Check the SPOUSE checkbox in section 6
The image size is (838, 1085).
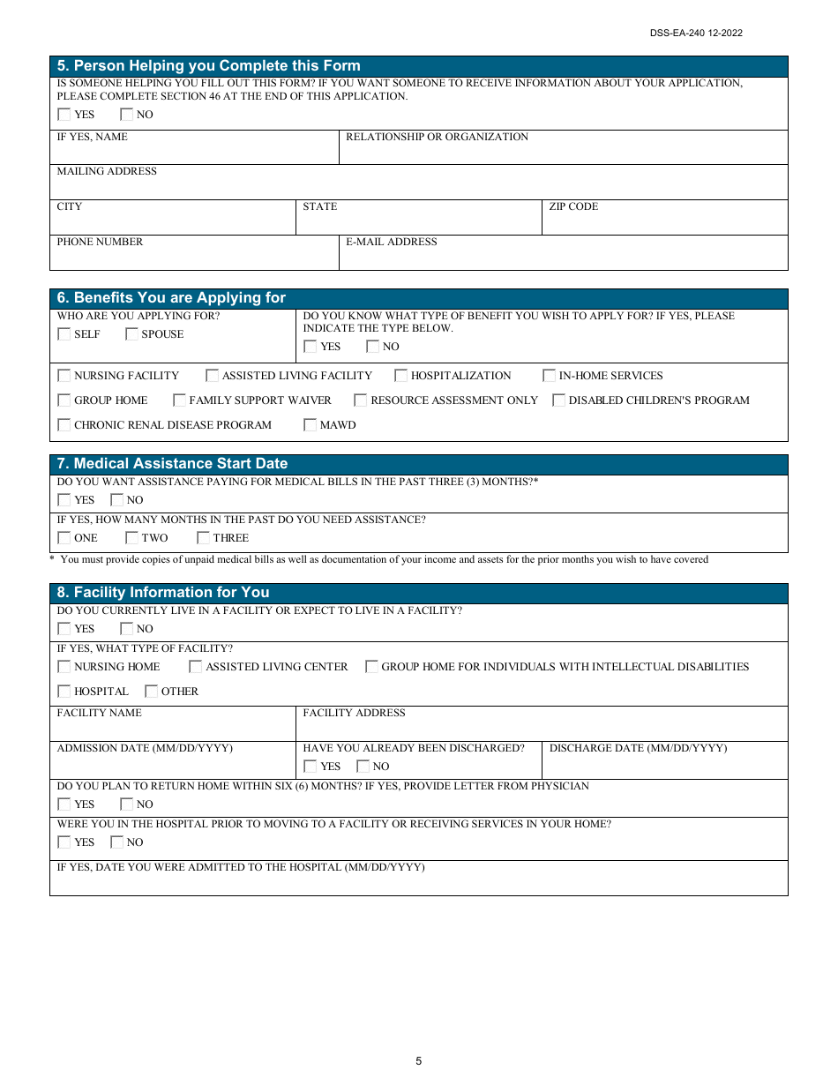click(x=132, y=334)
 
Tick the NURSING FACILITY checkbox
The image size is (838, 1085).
click(x=64, y=376)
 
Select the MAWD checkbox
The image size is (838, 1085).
click(x=311, y=425)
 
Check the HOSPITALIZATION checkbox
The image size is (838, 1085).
click(x=401, y=376)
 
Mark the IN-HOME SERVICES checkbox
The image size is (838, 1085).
click(x=550, y=376)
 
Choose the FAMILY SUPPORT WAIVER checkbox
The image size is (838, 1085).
click(x=180, y=400)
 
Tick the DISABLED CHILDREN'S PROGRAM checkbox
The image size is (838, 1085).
click(x=559, y=400)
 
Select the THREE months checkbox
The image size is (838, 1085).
click(x=204, y=538)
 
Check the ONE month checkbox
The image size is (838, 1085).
click(x=64, y=538)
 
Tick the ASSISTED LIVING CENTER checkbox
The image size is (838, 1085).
click(x=196, y=667)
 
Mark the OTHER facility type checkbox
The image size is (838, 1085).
click(x=152, y=692)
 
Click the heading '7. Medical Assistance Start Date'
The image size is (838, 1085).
click(x=172, y=464)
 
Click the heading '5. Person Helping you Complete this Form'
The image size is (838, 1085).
click(x=208, y=66)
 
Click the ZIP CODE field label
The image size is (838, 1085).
click(x=573, y=206)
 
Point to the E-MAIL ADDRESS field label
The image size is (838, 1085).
click(x=391, y=242)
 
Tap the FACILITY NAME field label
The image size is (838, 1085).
click(x=99, y=713)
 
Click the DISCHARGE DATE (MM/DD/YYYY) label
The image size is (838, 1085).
click(x=638, y=748)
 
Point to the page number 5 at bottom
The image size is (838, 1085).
click(x=419, y=1061)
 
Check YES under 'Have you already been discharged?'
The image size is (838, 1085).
click(x=311, y=767)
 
